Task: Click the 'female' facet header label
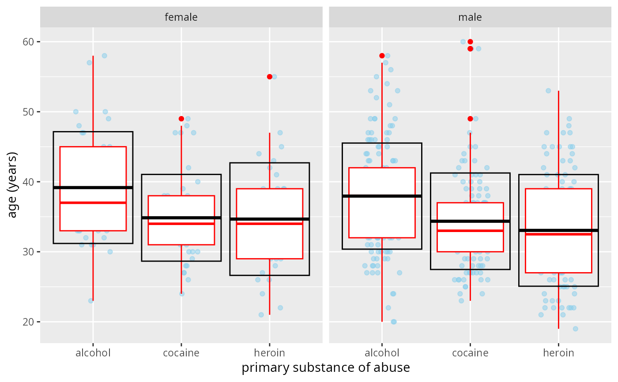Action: pos(181,17)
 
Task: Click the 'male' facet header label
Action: pos(470,17)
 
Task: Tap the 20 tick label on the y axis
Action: pos(30,322)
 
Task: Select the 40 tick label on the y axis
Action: pos(30,182)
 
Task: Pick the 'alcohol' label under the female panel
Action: pos(93,353)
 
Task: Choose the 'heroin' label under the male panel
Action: pos(558,353)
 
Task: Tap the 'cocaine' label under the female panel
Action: pos(181,353)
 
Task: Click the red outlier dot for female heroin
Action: pos(270,77)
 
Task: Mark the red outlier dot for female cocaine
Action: pos(181,119)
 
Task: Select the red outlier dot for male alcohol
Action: pos(382,56)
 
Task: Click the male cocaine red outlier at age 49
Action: pos(470,119)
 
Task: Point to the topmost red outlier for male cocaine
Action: pos(470,41)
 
